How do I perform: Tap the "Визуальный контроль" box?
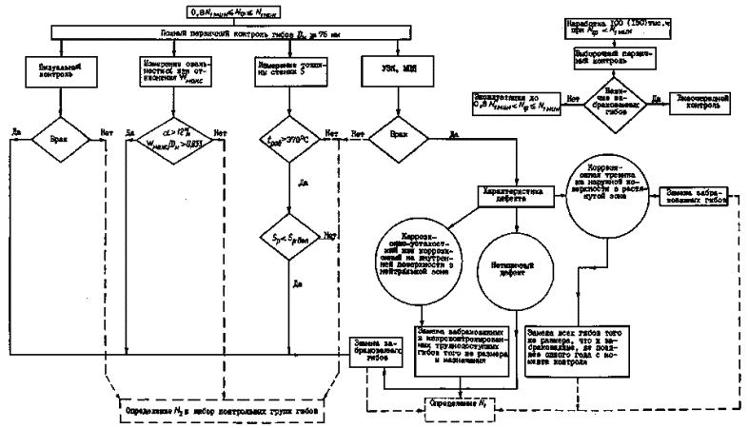(59, 69)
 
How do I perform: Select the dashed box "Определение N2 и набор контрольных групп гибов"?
(220, 410)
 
